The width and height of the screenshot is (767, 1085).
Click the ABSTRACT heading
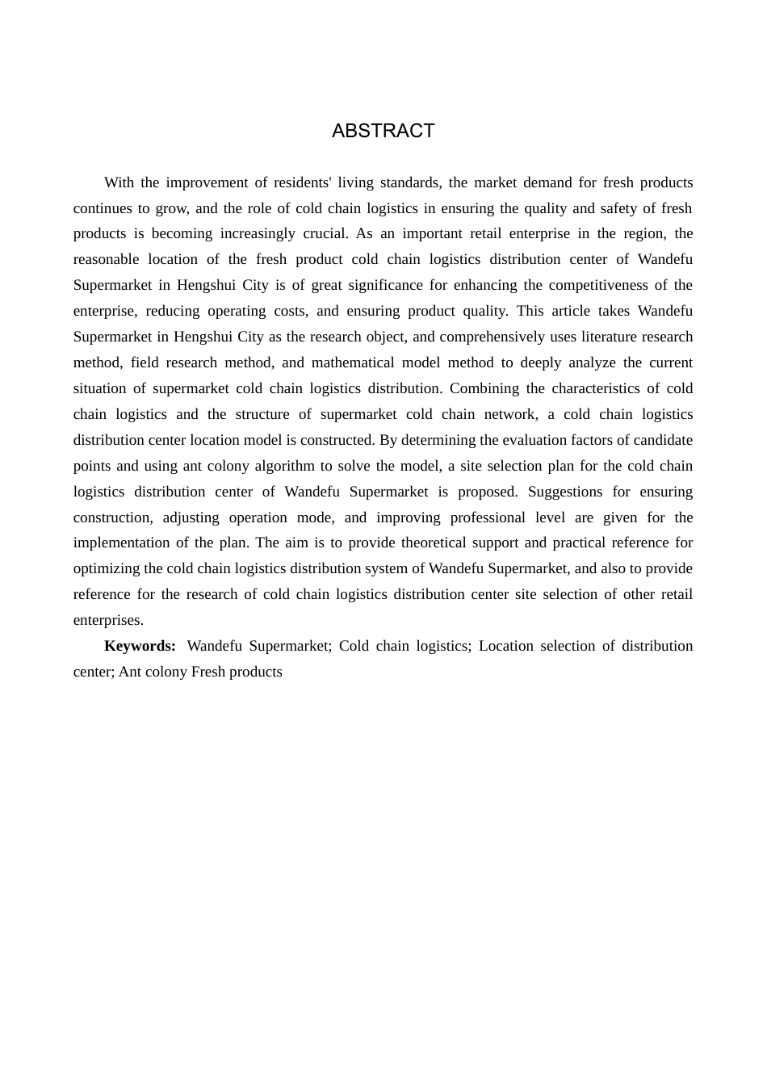(x=383, y=131)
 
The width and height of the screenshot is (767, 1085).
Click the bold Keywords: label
(x=140, y=646)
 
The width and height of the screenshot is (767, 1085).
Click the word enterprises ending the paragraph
(x=108, y=620)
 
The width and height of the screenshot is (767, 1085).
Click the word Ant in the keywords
(x=128, y=672)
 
